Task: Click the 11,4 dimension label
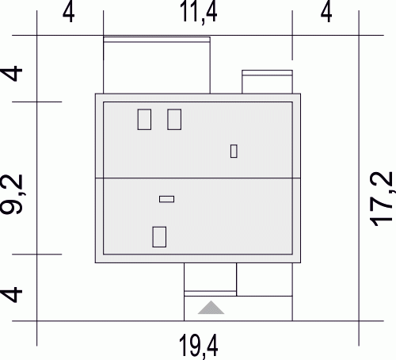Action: [198, 13]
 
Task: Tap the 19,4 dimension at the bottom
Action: [199, 347]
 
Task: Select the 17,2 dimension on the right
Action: [382, 199]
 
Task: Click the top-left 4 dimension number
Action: [68, 13]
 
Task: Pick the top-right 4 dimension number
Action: [326, 13]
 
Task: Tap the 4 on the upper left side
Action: [12, 73]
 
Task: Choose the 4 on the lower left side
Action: [12, 294]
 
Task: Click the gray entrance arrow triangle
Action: [211, 308]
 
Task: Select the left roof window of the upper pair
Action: [144, 120]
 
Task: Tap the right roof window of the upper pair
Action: [174, 120]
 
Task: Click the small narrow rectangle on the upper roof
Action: [234, 151]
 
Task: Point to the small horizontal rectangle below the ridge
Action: [166, 199]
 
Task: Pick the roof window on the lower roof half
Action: [159, 237]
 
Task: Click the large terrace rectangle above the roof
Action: [157, 65]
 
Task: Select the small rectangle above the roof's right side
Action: [267, 82]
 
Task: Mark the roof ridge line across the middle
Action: [198, 178]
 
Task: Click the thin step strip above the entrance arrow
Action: [210, 293]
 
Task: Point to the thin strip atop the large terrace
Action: [157, 40]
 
